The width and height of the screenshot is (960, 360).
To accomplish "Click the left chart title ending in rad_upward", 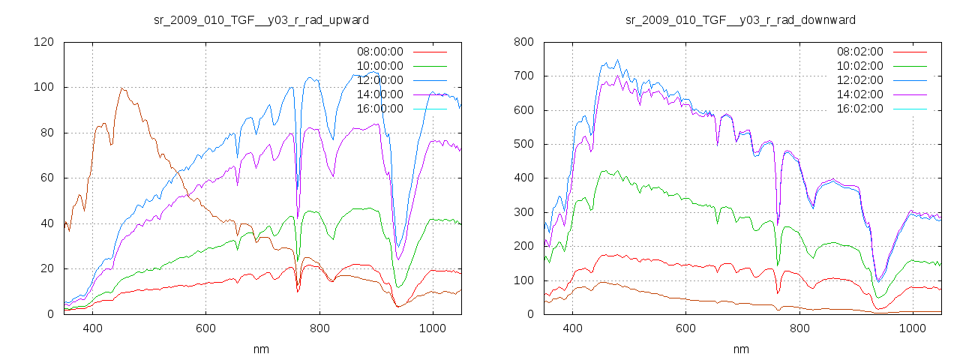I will pyautogui.click(x=261, y=19).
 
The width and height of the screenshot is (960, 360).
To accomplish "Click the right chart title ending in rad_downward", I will pyautogui.click(x=741, y=19).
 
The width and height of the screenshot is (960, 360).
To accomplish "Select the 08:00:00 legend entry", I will pyautogui.click(x=379, y=52).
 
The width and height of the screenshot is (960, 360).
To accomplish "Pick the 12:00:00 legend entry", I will pyautogui.click(x=379, y=80).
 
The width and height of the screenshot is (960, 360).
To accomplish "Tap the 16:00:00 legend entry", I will pyautogui.click(x=379, y=109).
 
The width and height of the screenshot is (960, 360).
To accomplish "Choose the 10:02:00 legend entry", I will pyautogui.click(x=859, y=66).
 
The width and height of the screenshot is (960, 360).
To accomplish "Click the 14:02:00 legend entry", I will pyautogui.click(x=859, y=94).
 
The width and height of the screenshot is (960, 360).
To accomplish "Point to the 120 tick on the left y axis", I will pyautogui.click(x=43, y=42).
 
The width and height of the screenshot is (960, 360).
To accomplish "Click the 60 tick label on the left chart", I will pyautogui.click(x=46, y=178).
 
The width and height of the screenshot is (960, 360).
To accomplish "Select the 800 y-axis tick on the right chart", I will pyautogui.click(x=523, y=42).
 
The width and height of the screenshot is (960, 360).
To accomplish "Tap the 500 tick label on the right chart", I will pyautogui.click(x=523, y=144).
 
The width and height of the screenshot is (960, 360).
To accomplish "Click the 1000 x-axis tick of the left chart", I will pyautogui.click(x=433, y=328).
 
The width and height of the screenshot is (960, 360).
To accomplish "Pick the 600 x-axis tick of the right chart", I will pyautogui.click(x=685, y=328).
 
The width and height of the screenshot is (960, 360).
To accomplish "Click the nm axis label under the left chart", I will pyautogui.click(x=261, y=349).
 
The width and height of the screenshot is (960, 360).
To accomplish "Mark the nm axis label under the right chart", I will pyautogui.click(x=741, y=349).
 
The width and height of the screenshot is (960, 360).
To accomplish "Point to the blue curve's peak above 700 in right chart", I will pyautogui.click(x=617, y=61).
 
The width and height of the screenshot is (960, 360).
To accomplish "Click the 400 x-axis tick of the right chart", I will pyautogui.click(x=572, y=328).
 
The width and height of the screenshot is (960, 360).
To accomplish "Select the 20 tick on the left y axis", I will pyautogui.click(x=46, y=268).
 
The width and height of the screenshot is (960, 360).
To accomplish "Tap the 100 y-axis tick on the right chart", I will pyautogui.click(x=523, y=280).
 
